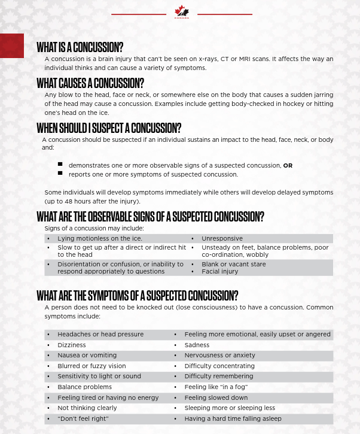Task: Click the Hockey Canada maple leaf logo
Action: [181, 12]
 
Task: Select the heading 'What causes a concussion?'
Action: [90, 83]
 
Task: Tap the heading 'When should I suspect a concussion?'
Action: [108, 128]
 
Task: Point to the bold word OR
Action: [288, 165]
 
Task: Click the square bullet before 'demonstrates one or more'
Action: [60, 164]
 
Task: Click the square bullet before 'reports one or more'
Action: [60, 174]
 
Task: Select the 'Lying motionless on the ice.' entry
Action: [99, 238]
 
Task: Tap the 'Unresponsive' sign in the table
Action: [222, 238]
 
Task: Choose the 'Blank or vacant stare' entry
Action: [233, 264]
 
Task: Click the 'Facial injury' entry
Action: [219, 271]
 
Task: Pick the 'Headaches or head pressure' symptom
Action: [100, 334]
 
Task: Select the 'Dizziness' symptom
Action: [72, 345]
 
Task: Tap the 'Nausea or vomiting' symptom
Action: [87, 355]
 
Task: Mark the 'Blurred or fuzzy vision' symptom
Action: [91, 366]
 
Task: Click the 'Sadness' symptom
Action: [197, 345]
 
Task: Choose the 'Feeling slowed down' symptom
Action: [216, 397]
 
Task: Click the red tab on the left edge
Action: [12, 46]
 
